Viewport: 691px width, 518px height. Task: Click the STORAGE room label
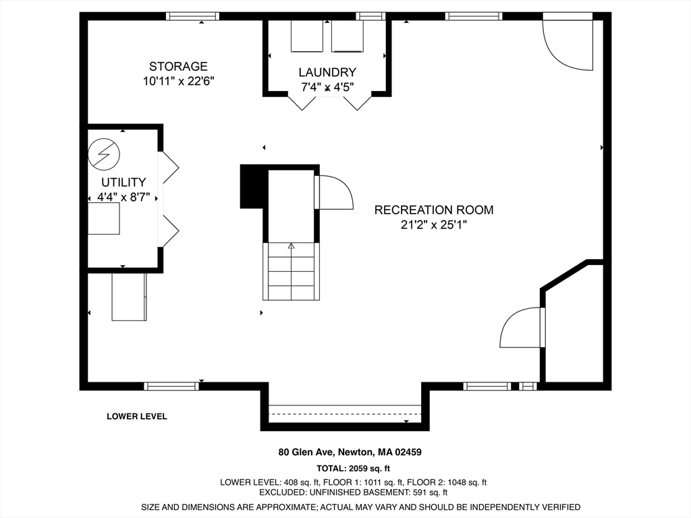coord(178,67)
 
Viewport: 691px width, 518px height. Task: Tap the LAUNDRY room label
coord(327,72)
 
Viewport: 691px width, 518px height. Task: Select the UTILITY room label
coord(123,182)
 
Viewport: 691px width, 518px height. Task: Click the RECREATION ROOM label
coord(434,210)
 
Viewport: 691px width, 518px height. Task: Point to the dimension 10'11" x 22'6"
coord(178,82)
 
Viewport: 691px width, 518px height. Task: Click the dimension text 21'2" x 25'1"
coord(434,225)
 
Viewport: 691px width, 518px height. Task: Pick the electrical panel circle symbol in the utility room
coord(104,154)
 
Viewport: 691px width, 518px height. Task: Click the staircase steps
coord(291,271)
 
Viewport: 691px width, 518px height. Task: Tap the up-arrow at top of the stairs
coord(291,246)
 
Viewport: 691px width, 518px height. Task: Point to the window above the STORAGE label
coord(192,16)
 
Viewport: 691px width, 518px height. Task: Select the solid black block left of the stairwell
coord(254,186)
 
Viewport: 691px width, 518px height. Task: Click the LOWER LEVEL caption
coord(137,416)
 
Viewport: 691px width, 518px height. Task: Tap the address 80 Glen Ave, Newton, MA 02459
coord(350,452)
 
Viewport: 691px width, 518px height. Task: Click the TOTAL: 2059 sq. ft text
coord(353,468)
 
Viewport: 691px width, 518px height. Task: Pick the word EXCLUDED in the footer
coord(280,492)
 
